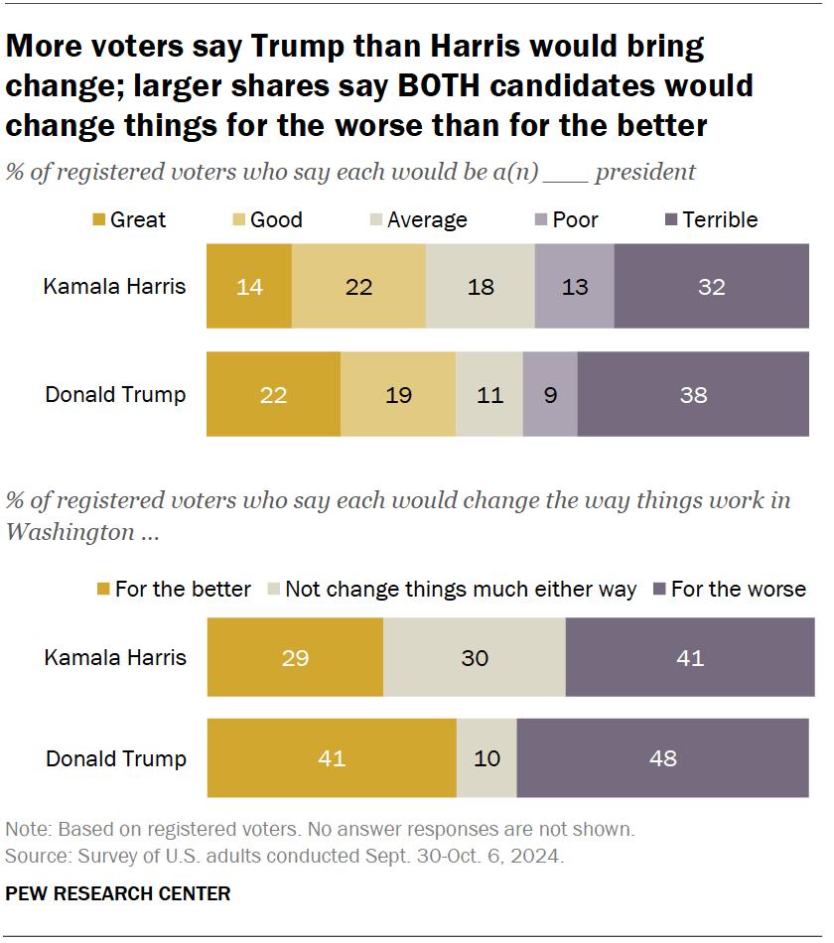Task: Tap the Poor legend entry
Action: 567,220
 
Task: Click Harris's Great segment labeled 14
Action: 249,288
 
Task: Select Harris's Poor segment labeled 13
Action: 574,288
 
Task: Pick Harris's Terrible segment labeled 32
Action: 711,288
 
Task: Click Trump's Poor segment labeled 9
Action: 550,394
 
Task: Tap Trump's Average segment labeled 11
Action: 489,394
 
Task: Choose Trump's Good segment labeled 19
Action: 398,394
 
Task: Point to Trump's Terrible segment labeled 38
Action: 693,394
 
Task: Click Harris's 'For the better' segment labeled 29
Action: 295,657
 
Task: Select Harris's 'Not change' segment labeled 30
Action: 475,657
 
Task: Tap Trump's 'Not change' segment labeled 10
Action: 486,758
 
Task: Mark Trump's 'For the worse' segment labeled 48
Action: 662,758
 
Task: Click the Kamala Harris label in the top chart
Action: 114,288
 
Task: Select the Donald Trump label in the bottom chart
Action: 115,758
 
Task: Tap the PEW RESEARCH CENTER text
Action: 118,893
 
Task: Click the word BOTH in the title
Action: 446,86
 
